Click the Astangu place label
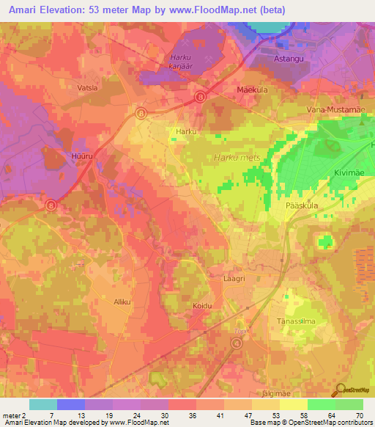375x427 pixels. (267, 56)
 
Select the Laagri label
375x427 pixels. (233, 280)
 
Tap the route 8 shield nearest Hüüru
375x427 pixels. (51, 205)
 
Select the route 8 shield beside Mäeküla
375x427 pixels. (199, 96)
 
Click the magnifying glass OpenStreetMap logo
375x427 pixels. (341, 390)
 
